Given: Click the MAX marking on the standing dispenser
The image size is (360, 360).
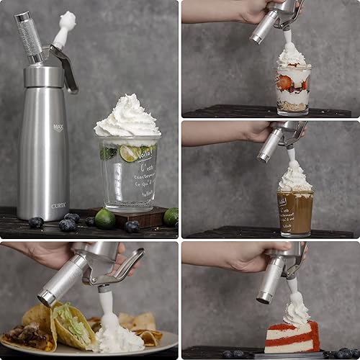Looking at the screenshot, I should (58, 128).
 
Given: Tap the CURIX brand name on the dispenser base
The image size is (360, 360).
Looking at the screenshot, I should (58, 205).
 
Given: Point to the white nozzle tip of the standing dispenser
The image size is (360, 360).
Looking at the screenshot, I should (67, 21).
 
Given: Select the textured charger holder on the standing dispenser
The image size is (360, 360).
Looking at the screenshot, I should (30, 36).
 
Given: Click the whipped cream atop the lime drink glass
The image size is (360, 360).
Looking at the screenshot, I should (127, 117).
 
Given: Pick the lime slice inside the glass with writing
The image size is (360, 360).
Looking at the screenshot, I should (130, 153).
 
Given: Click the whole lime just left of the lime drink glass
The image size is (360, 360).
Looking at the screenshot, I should (105, 218).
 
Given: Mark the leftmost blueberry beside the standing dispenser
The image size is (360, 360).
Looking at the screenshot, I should (36, 222).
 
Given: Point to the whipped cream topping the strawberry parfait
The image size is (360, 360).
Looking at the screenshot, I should (292, 55).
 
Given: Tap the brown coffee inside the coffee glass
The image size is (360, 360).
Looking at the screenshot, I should (295, 212).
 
